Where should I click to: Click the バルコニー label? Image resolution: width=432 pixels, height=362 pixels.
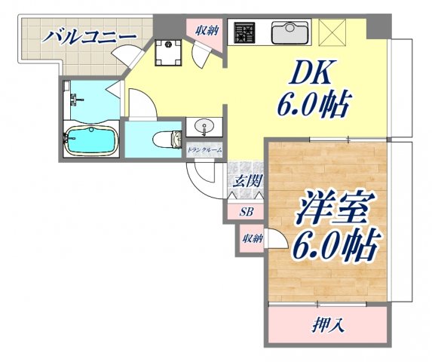(89, 35)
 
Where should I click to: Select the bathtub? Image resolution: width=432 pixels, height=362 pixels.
(88, 140)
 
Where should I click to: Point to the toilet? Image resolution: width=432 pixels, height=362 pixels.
(166, 140)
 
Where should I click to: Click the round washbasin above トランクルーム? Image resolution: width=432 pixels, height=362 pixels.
(204, 126)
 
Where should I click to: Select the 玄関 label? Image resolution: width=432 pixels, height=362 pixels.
(245, 182)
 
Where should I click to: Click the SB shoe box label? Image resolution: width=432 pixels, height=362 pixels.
(246, 212)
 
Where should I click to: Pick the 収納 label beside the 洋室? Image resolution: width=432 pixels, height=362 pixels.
(252, 238)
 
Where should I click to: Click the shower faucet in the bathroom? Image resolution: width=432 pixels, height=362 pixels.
(75, 100)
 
